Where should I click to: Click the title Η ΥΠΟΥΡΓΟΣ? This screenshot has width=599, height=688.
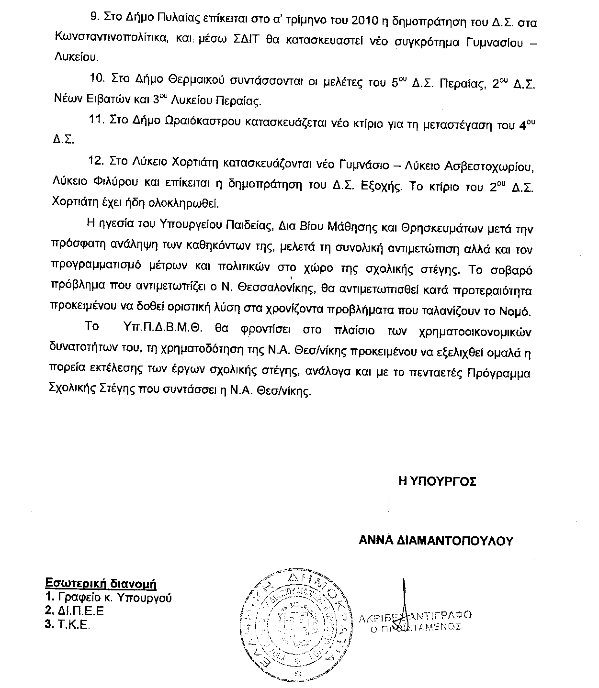click(x=437, y=482)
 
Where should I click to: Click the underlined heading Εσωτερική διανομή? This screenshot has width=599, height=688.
click(x=101, y=584)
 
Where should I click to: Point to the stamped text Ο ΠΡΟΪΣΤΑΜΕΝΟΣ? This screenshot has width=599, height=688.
click(x=416, y=627)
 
